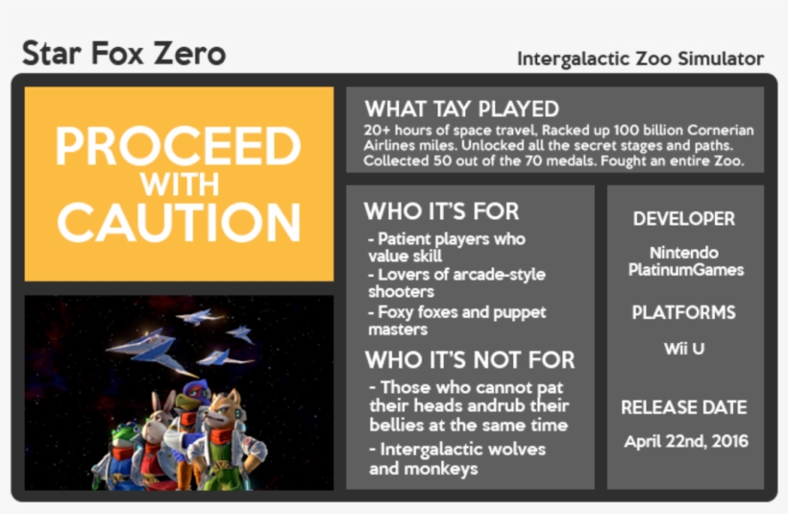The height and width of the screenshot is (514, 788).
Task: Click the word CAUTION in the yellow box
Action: tap(179, 223)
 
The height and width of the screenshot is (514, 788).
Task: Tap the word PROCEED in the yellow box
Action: tap(179, 147)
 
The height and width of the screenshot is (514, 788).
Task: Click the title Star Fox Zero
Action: tap(124, 53)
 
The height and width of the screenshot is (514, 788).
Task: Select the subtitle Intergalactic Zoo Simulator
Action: tap(640, 59)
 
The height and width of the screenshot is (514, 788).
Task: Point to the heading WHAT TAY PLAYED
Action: tap(461, 109)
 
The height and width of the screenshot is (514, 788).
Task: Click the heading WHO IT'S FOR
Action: tap(441, 211)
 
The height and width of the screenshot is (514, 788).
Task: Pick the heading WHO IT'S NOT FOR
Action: tap(470, 360)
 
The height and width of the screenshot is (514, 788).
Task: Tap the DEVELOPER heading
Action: tap(683, 219)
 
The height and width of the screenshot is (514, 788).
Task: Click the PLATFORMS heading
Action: tap(683, 312)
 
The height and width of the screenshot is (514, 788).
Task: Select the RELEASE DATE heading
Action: tap(683, 406)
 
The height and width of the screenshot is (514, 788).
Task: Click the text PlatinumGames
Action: tap(685, 270)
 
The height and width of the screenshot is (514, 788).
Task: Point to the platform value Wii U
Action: tap(683, 348)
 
